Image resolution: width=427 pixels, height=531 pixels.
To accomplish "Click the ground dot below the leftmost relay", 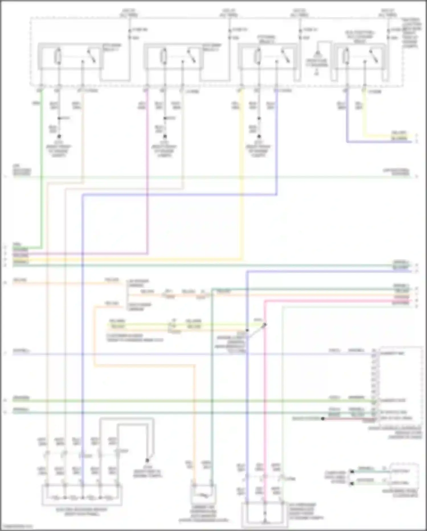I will [x=59, y=136].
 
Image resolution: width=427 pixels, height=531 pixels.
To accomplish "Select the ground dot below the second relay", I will [x=164, y=136].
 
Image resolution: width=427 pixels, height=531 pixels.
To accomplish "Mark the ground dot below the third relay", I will [x=259, y=136].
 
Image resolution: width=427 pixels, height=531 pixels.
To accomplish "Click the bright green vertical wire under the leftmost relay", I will [x=42, y=171].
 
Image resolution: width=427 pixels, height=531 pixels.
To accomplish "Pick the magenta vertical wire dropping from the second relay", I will [x=147, y=171].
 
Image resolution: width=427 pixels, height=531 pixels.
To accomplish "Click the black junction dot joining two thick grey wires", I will [x=147, y=460].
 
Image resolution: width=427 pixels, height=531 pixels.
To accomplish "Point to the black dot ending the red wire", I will [x=322, y=419].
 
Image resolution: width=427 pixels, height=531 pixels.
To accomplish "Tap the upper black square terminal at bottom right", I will [x=352, y=472].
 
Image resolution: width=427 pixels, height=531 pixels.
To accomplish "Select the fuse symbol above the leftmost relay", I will [x=129, y=33].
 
